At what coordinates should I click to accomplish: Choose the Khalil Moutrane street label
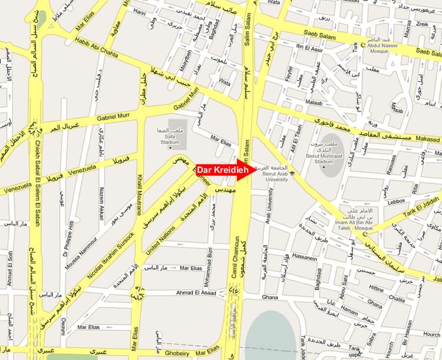[140, 196]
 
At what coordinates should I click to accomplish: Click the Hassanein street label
[305, 257]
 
